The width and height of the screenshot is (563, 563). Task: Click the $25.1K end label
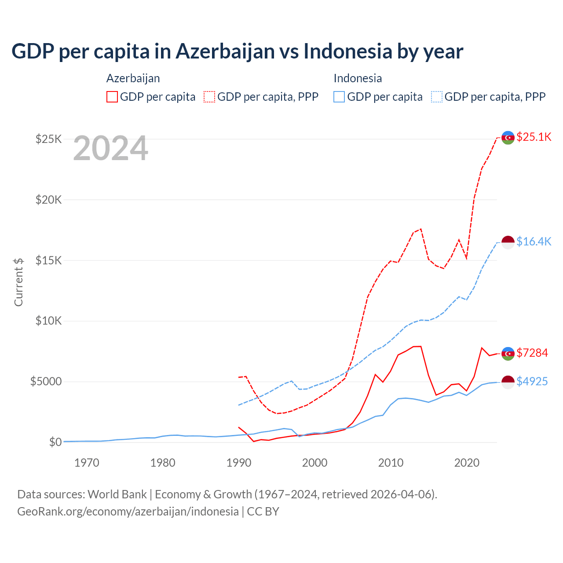click(x=534, y=137)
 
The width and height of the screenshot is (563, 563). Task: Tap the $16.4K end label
click(x=534, y=241)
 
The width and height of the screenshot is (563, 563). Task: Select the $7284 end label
click(x=532, y=353)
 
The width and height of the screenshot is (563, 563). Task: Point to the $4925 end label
click(x=532, y=381)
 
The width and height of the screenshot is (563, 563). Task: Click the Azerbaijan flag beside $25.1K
click(x=508, y=138)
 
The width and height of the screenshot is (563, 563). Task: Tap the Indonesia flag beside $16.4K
click(x=508, y=242)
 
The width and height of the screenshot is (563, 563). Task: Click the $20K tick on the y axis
click(x=49, y=200)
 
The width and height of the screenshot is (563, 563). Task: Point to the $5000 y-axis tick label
click(x=46, y=381)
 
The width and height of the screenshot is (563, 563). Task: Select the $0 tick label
click(x=55, y=442)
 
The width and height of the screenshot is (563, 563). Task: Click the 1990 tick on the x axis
click(x=238, y=463)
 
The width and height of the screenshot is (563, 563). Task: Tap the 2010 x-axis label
click(x=391, y=463)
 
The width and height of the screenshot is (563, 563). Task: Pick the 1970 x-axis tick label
click(x=87, y=463)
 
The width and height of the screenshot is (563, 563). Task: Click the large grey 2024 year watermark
click(x=110, y=149)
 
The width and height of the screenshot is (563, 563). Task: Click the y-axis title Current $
click(x=18, y=282)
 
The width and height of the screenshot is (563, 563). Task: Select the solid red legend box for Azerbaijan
click(x=112, y=97)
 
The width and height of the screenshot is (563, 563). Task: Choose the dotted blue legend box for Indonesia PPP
click(x=437, y=97)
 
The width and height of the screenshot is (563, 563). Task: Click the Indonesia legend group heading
click(x=358, y=78)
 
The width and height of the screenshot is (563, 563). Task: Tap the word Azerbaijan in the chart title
click(x=225, y=51)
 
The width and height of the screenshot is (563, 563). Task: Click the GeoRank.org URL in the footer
click(x=128, y=512)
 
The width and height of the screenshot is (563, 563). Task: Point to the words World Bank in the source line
click(x=117, y=494)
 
